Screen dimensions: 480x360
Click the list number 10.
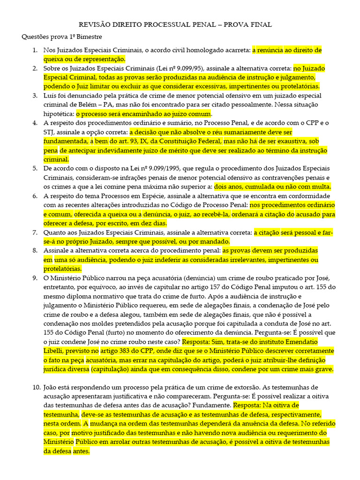[37, 388]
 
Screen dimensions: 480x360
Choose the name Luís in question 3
[51, 96]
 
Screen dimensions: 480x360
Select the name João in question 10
[52, 388]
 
